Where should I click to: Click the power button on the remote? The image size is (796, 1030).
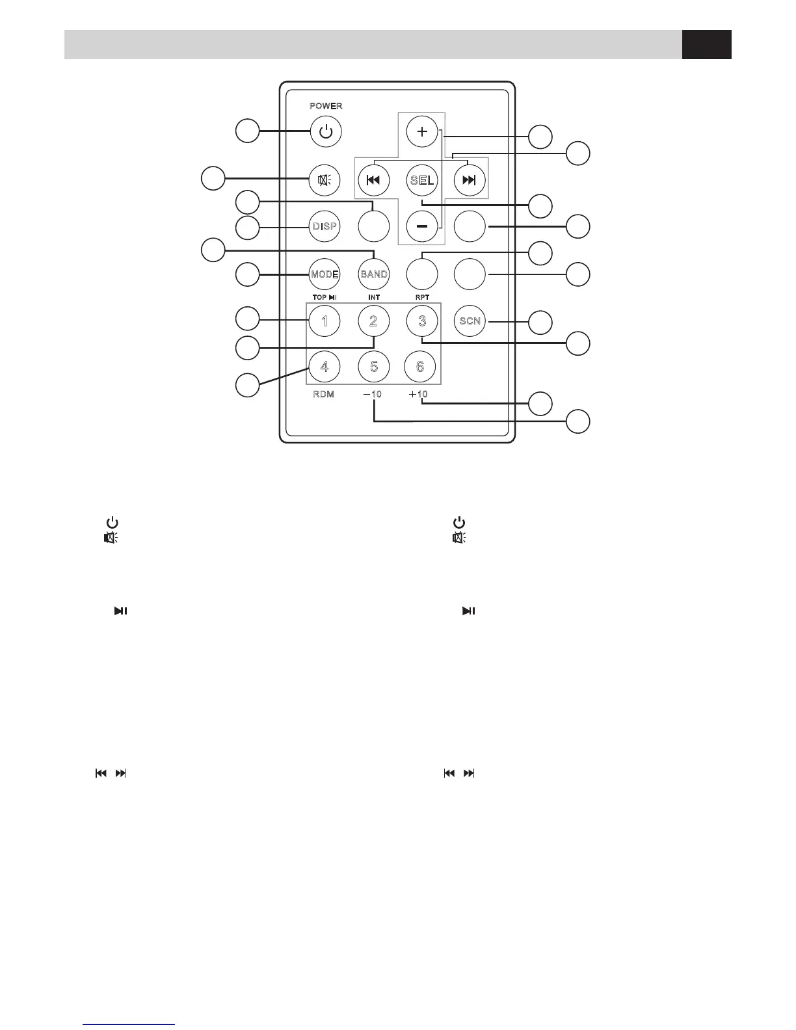325,132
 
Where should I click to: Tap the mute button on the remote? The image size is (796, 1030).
325,180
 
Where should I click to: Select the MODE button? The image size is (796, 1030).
325,274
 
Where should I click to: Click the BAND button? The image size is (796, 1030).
374,274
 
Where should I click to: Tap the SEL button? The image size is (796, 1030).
422,180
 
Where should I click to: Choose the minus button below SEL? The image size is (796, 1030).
422,226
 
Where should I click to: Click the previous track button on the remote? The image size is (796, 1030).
373,180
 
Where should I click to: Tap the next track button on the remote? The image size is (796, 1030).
469,180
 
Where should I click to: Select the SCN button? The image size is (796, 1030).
470,321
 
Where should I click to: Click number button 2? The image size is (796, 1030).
374,321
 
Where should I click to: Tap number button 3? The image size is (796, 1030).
422,321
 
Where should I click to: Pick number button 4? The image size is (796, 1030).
325,367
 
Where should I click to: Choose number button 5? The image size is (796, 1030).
374,367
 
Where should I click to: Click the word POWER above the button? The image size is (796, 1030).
326,106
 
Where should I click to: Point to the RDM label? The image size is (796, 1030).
323,395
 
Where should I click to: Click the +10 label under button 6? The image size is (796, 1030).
418,395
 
